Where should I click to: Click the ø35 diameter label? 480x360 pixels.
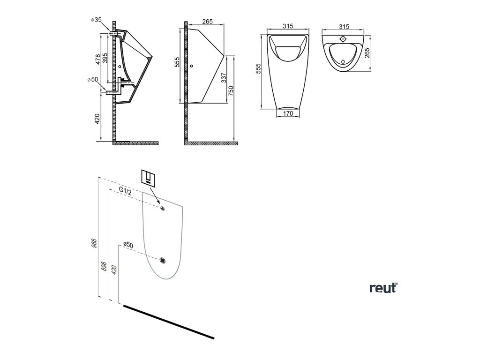[x=96, y=20]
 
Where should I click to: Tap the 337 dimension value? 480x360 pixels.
[x=224, y=77]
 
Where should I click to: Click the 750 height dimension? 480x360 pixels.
[x=231, y=92]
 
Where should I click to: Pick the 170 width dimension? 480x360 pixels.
[x=288, y=113]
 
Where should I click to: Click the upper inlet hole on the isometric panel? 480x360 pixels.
[x=163, y=208]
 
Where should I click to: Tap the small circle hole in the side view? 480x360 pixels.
[x=191, y=66]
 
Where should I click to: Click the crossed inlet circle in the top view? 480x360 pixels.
[x=343, y=38]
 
